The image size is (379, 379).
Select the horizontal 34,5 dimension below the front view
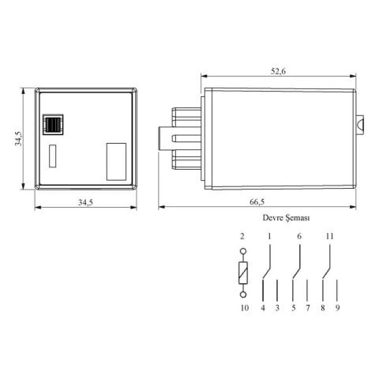(x=85, y=203)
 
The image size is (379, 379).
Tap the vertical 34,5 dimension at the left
(x=17, y=138)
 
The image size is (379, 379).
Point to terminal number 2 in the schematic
(x=243, y=236)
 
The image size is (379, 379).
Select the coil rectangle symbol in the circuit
(x=243, y=274)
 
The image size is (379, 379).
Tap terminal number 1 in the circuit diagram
(x=269, y=236)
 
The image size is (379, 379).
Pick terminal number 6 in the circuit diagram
(x=299, y=236)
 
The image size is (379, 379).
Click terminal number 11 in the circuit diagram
(x=329, y=236)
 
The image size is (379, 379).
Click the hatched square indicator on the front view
(x=54, y=123)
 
